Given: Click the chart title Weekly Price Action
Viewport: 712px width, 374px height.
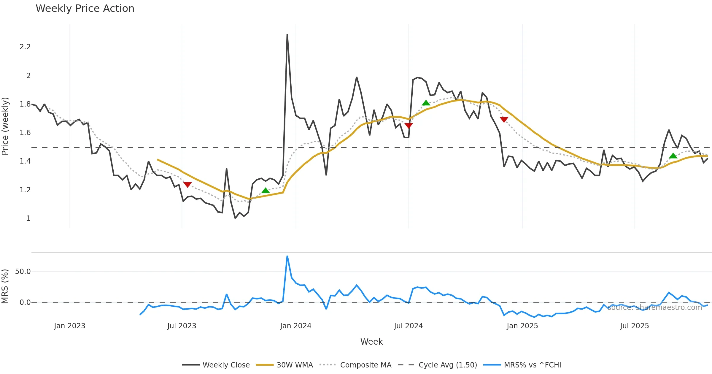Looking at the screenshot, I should point(85,9).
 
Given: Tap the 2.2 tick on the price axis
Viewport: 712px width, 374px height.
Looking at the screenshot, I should point(25,47).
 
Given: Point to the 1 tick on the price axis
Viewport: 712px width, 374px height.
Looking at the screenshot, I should point(28,218).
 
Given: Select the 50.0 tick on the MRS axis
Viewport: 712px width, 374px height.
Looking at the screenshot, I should point(23,272).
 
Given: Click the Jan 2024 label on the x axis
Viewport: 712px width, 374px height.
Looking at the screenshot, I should point(295,326).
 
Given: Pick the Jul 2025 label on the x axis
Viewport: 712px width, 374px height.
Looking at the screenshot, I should point(634,326).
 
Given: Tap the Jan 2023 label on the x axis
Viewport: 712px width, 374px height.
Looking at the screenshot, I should point(70,326).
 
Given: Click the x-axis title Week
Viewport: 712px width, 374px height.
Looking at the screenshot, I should point(371,342).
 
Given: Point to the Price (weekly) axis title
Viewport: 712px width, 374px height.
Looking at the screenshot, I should point(5,126).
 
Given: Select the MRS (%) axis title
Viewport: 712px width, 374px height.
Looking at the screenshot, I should point(5,286).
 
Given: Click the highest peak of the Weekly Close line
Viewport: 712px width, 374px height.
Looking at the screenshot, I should point(287,35).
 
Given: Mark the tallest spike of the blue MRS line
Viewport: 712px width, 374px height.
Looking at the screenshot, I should point(287,256).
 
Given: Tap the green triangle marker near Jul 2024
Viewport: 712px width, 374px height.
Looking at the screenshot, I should point(426,103).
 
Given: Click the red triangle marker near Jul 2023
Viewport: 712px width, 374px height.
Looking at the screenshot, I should point(187,185).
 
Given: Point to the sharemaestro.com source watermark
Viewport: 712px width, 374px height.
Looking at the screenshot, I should point(654,308).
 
